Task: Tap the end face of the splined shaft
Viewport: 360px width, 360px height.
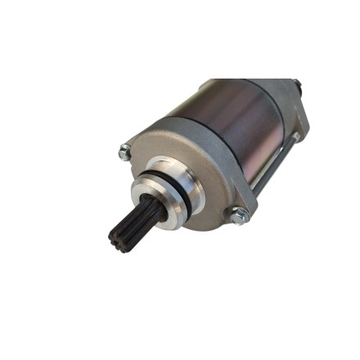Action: tap(119, 236)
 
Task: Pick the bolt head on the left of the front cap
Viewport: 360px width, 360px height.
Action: tap(124, 151)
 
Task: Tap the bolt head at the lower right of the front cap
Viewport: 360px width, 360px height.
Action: tap(239, 216)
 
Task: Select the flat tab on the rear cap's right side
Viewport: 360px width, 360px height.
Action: tap(304, 115)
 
